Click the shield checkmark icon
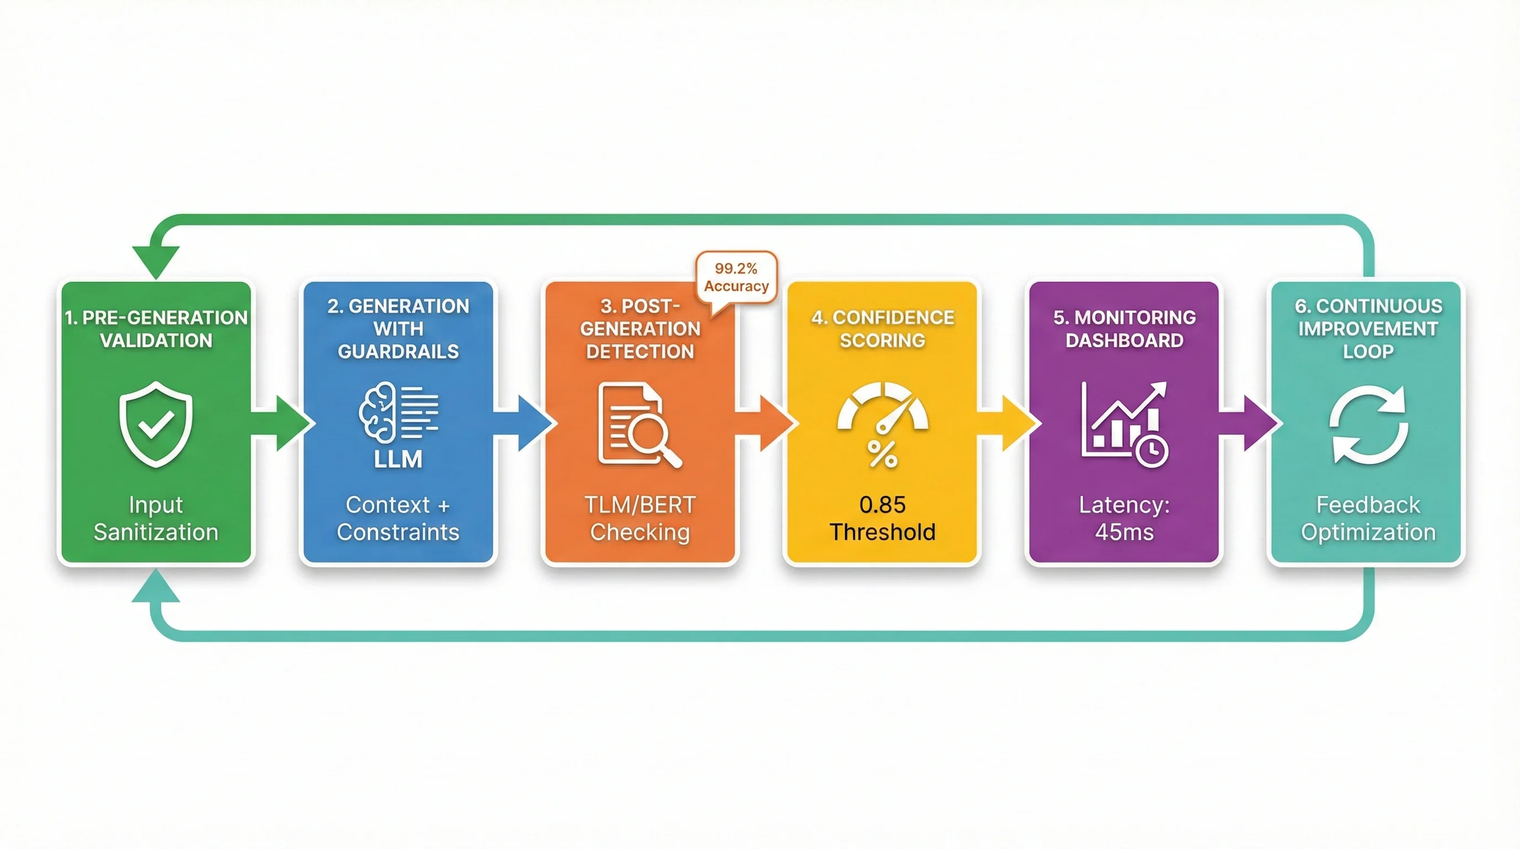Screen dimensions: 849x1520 coord(156,424)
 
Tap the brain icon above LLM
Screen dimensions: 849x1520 coord(378,412)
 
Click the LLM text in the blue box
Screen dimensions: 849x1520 coord(398,459)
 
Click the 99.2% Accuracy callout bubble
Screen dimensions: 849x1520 coord(736,277)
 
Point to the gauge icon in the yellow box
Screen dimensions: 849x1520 coord(883,407)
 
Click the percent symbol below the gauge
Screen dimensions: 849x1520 coord(883,454)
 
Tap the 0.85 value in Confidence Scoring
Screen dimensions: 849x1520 coord(882,505)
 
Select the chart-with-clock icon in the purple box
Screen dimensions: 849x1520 coord(1124,424)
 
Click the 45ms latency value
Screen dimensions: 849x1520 coord(1124,532)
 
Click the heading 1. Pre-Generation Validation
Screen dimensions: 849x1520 coord(156,329)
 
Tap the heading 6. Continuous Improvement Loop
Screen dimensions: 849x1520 coord(1368,329)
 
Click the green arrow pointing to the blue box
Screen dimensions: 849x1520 coord(283,423)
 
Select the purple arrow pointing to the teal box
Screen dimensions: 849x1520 coord(1251,423)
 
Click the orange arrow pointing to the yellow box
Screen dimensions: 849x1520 coord(767,423)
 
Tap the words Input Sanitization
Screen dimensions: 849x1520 coord(156,518)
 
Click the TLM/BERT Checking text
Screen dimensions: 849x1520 coord(640,518)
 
